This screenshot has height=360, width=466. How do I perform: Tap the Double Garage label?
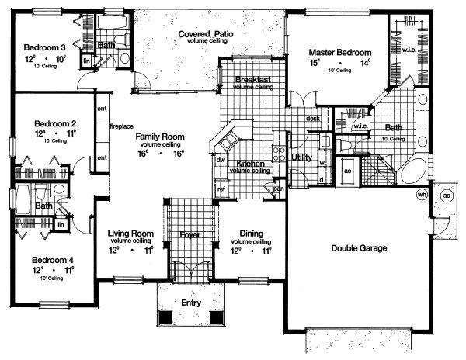[x=359, y=248]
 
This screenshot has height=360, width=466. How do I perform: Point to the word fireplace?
[x=123, y=126]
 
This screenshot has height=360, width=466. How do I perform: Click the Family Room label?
[x=161, y=136]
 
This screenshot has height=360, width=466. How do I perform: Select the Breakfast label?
[x=252, y=79]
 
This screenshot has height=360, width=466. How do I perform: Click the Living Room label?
[x=130, y=233]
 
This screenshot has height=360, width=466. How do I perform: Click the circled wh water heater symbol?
[x=423, y=194]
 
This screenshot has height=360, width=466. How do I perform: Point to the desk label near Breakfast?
[x=313, y=119]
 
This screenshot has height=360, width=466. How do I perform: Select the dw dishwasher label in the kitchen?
[x=221, y=160]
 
